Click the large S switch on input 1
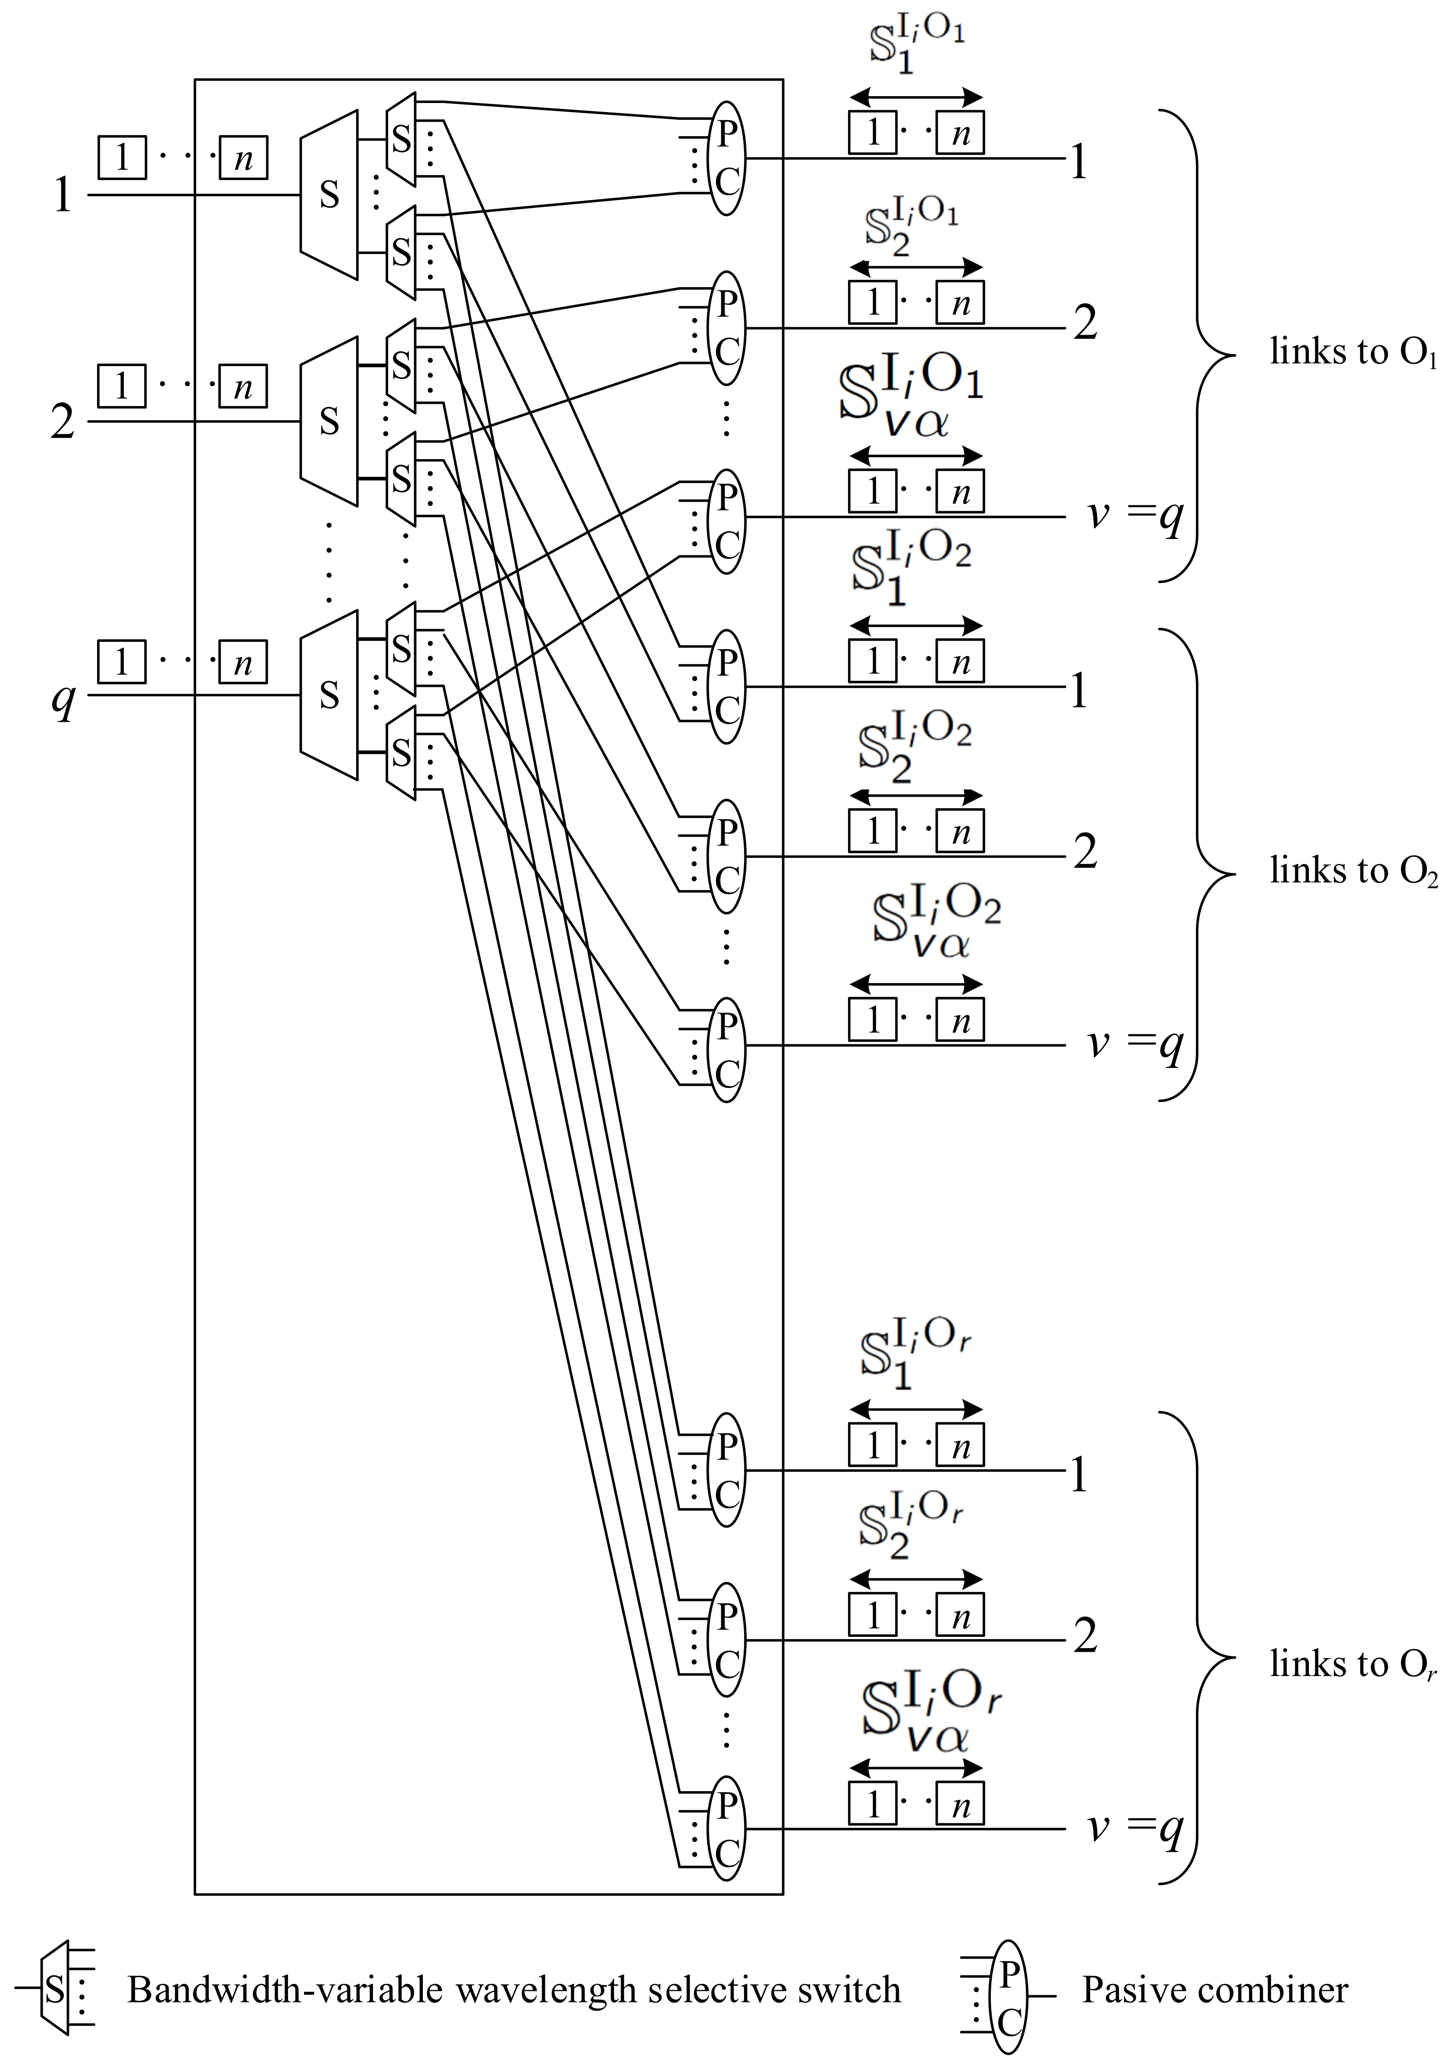(328, 195)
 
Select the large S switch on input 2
(328, 421)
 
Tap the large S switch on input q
(328, 695)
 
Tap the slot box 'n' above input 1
(243, 158)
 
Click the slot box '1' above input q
(122, 662)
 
